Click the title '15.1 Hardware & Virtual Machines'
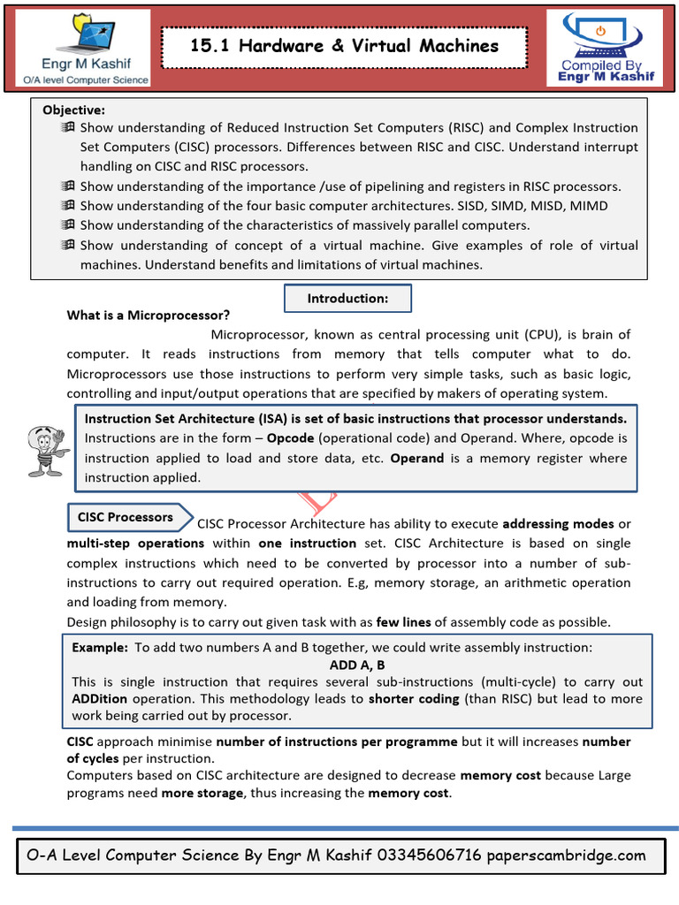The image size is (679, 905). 344,46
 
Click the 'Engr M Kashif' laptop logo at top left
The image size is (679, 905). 87,49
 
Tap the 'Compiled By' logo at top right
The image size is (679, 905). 605,49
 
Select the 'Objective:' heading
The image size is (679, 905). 73,110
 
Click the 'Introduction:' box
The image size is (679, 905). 347,299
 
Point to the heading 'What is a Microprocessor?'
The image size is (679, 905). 148,316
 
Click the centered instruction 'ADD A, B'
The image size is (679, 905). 356,665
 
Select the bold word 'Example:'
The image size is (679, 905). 100,647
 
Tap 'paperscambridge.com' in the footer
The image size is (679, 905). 567,856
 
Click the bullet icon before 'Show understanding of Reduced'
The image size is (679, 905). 68,128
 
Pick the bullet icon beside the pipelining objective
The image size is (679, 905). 68,186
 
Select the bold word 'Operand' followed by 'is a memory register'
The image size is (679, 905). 417,458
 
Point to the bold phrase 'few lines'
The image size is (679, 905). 404,622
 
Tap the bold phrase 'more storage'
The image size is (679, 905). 202,793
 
